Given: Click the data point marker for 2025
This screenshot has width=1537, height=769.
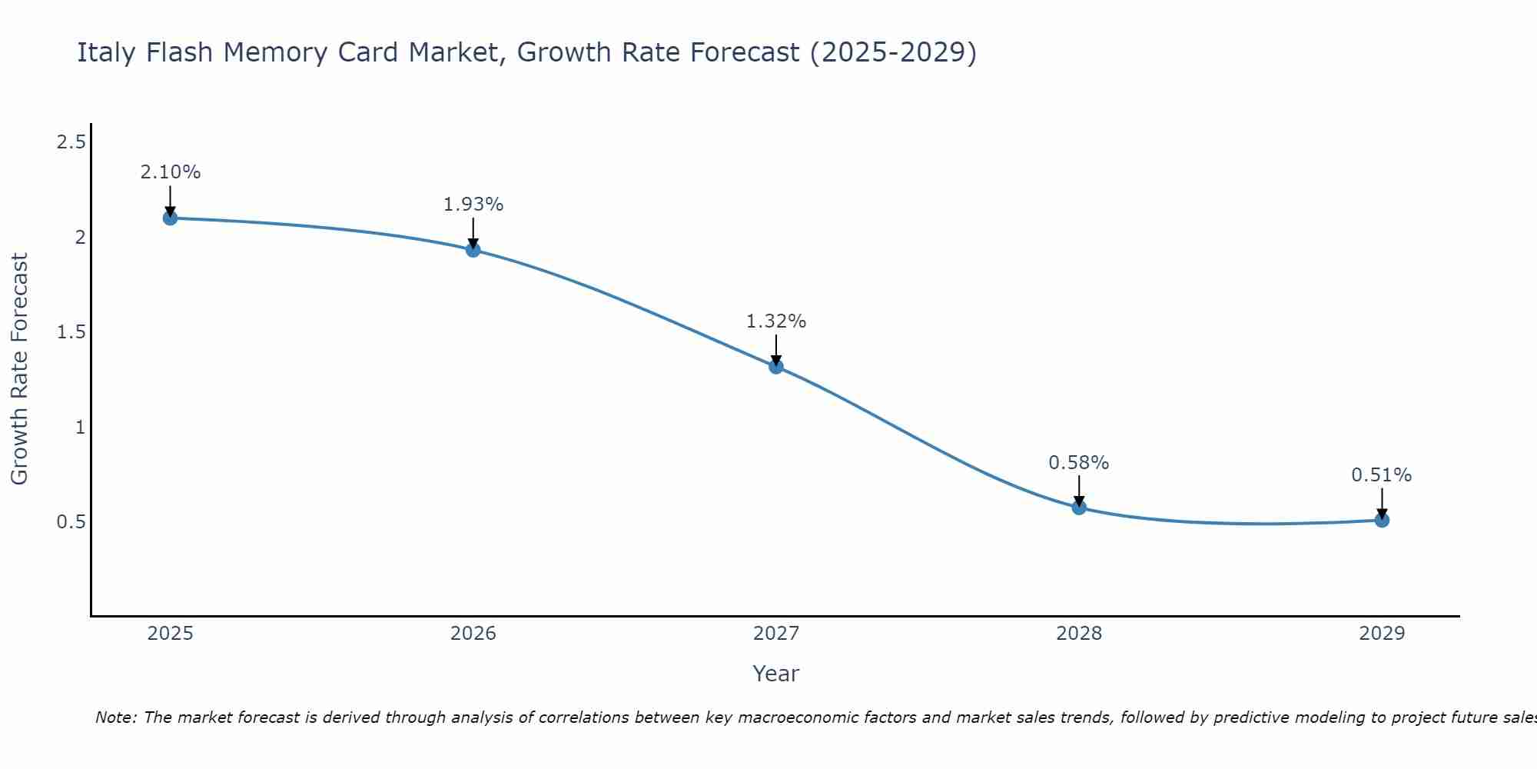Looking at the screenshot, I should pyautogui.click(x=170, y=218).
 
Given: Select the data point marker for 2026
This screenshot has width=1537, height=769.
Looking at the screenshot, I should pyautogui.click(x=473, y=250).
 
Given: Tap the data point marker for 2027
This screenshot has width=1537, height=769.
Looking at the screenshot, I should pyautogui.click(x=776, y=367).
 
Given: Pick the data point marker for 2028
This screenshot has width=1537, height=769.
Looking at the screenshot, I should pyautogui.click(x=1079, y=508).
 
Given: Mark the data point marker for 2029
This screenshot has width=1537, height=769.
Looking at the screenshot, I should pyautogui.click(x=1382, y=521).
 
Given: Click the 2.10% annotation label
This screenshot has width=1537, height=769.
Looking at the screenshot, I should pyautogui.click(x=170, y=172).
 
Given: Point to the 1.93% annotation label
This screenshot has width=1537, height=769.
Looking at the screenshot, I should pyautogui.click(x=473, y=205).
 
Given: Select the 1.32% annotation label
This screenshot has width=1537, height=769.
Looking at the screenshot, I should pyautogui.click(x=776, y=321).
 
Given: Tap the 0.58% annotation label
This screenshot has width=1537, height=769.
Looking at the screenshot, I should pyautogui.click(x=1079, y=463).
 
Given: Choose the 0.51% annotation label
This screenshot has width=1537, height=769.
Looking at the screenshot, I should pyautogui.click(x=1382, y=475).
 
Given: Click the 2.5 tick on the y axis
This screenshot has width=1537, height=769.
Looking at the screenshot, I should pyautogui.click(x=71, y=142).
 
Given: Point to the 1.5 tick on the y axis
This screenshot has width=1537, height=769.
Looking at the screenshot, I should pyautogui.click(x=71, y=332).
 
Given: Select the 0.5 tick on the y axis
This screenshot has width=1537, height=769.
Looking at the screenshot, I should pyautogui.click(x=71, y=522).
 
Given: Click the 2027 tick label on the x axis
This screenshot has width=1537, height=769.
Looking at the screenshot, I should pyautogui.click(x=776, y=634).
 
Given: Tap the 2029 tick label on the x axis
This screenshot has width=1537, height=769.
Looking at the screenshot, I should pyautogui.click(x=1382, y=634).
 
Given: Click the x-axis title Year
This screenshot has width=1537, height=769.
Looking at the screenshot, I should pyautogui.click(x=776, y=674).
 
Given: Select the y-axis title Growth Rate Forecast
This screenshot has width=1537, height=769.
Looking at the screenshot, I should pyautogui.click(x=20, y=369).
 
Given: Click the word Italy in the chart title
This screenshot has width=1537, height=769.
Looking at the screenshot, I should pyautogui.click(x=107, y=52).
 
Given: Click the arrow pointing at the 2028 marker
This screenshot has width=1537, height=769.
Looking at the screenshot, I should pyautogui.click(x=1079, y=491).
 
